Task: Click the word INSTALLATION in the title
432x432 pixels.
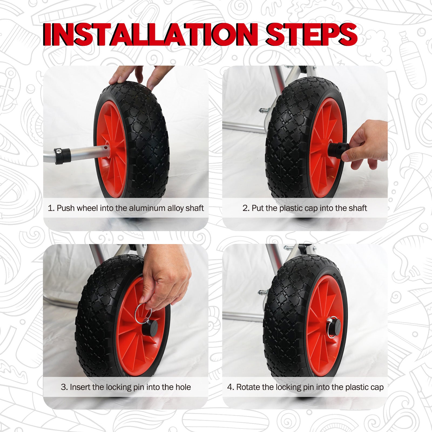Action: (151, 34)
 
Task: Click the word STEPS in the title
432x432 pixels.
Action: (312, 34)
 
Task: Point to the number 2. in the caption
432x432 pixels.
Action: (246, 208)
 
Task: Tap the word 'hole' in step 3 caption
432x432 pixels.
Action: (183, 387)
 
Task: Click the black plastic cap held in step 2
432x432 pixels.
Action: (338, 150)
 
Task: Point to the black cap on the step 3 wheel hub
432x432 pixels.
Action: (150, 328)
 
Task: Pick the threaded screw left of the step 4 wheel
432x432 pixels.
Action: (263, 292)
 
